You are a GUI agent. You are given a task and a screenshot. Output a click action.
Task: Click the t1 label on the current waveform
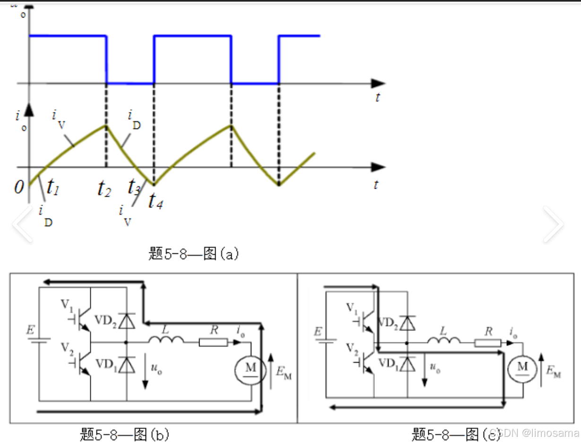click(x=53, y=191)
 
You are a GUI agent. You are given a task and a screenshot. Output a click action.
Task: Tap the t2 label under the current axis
click(x=104, y=189)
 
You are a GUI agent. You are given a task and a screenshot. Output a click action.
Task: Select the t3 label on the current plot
click(x=134, y=187)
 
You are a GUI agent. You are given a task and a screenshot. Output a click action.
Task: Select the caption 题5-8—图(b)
click(x=124, y=433)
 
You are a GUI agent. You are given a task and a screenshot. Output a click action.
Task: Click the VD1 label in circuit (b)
click(x=106, y=364)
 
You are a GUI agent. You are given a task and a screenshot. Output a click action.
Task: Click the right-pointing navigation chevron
click(x=553, y=224)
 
